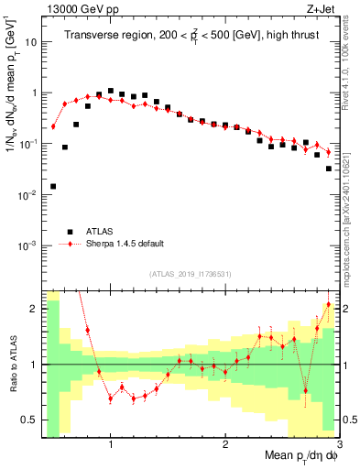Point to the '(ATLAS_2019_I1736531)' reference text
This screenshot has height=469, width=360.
pyautogui.click(x=191, y=274)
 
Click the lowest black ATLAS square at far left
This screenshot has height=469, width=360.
pyautogui.click(x=53, y=186)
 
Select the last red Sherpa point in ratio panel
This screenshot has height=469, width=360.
pyautogui.click(x=328, y=304)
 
